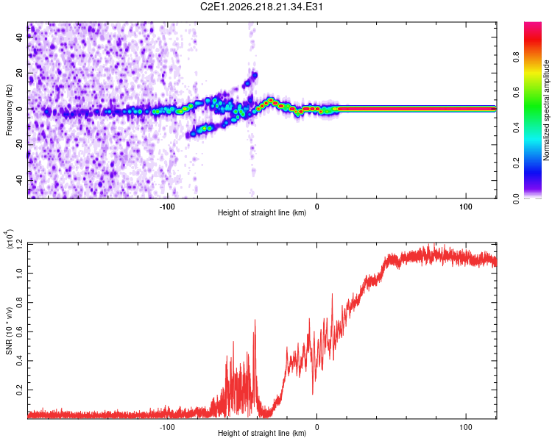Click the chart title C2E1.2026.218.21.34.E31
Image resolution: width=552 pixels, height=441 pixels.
(261, 7)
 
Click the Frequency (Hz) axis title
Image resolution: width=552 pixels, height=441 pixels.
(9, 110)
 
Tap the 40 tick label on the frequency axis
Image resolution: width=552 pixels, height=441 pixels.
(20, 37)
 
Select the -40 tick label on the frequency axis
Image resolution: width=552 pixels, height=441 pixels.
(20, 180)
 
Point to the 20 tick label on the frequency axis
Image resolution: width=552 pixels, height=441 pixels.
(20, 73)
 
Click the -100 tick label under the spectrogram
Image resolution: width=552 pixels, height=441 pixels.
(167, 207)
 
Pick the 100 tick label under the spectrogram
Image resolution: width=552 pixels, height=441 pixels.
(466, 207)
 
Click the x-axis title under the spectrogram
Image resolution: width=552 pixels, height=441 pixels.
(262, 212)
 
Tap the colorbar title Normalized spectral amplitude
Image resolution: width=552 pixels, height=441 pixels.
(546, 110)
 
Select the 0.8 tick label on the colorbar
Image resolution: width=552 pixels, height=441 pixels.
(516, 57)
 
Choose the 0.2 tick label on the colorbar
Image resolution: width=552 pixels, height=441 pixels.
(516, 163)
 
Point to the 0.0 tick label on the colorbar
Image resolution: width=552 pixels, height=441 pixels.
(516, 198)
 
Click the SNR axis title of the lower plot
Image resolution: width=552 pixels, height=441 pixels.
(9, 331)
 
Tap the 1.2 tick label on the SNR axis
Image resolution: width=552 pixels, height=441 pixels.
(20, 244)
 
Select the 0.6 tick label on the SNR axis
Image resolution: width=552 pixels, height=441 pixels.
(20, 331)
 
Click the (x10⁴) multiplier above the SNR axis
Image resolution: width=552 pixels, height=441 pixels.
(8, 239)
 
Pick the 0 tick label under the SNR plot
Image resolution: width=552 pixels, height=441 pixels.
(316, 427)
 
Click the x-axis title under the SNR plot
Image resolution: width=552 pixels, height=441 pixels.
(262, 433)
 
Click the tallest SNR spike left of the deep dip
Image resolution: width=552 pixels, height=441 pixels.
(255, 320)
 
